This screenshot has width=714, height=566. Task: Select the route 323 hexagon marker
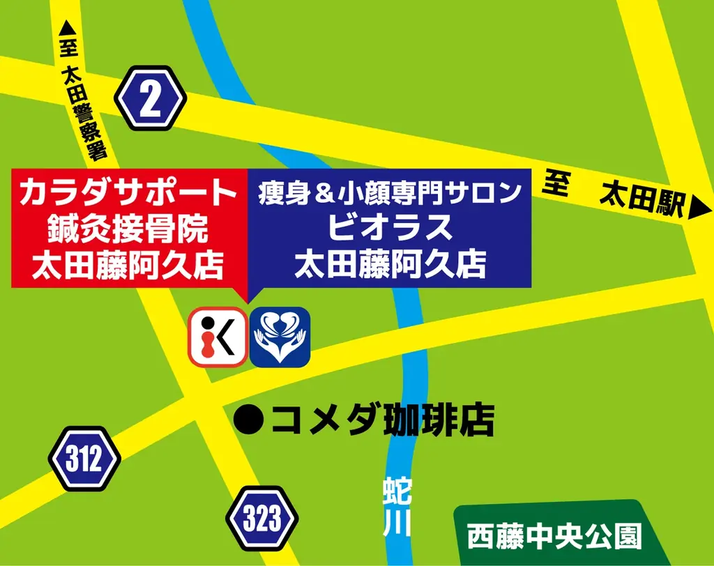(x=262, y=519)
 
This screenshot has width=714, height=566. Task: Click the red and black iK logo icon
(x=218, y=337)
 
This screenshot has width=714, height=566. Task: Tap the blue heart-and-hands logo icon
(x=280, y=337)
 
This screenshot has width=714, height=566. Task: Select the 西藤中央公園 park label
(x=554, y=536)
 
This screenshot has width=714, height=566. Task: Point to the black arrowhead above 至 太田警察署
(x=67, y=29)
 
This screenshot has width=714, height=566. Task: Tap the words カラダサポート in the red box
(x=130, y=192)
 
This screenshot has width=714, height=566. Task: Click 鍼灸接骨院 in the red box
(x=130, y=228)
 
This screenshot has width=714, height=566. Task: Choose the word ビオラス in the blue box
(x=390, y=228)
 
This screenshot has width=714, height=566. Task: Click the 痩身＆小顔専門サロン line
(x=390, y=191)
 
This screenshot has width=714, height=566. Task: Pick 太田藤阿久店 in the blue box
(x=390, y=266)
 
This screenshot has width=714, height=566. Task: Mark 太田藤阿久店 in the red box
(x=130, y=266)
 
